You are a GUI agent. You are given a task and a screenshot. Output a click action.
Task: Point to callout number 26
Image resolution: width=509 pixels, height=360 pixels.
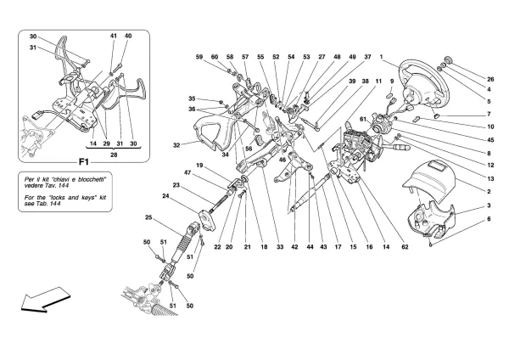(489, 79)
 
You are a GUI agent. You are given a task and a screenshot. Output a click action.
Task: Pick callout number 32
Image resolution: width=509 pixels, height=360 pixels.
(176, 145)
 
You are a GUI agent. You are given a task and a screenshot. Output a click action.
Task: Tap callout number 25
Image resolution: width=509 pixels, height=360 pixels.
(148, 218)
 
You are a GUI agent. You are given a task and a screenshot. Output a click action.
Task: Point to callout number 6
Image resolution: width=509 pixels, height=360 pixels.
(489, 220)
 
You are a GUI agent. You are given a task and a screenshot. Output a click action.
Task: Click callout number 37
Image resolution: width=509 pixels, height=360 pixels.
(368, 57)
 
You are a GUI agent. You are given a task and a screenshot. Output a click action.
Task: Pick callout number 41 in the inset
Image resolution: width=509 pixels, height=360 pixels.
(113, 37)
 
